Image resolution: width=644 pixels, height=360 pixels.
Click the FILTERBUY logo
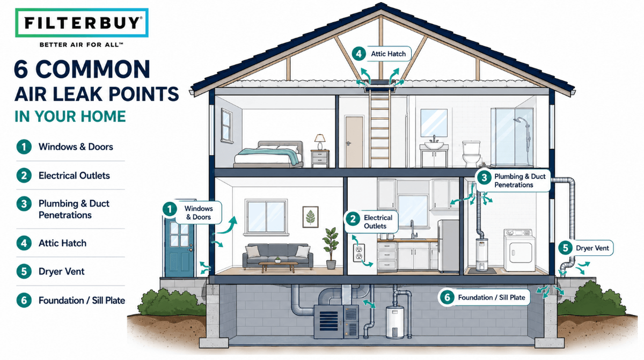(82, 23)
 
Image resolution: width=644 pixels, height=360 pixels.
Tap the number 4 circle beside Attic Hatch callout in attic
(358, 54)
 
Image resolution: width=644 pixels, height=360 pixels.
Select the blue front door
(179, 247)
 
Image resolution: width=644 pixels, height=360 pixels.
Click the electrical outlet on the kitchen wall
(359, 253)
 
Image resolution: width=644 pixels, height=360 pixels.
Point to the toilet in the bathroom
(471, 153)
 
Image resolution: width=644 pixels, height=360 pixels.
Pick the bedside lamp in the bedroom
(320, 142)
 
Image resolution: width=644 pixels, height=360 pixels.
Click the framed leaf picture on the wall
(311, 217)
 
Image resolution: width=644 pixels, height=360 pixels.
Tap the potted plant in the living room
(331, 248)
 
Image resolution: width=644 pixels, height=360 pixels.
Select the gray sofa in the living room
(278, 256)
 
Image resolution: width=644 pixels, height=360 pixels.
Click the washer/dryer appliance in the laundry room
(519, 250)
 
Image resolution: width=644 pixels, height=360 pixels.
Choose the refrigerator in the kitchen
(448, 246)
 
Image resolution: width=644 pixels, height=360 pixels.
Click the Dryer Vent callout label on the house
(586, 248)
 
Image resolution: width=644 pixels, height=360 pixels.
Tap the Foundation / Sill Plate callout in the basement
(484, 297)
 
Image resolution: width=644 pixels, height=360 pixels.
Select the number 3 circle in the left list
(24, 204)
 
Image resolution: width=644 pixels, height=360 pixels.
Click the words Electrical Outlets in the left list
(74, 175)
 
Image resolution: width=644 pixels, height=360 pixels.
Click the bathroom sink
(434, 145)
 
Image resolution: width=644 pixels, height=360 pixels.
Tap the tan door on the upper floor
(354, 142)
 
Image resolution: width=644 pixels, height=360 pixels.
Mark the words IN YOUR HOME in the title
(70, 116)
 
